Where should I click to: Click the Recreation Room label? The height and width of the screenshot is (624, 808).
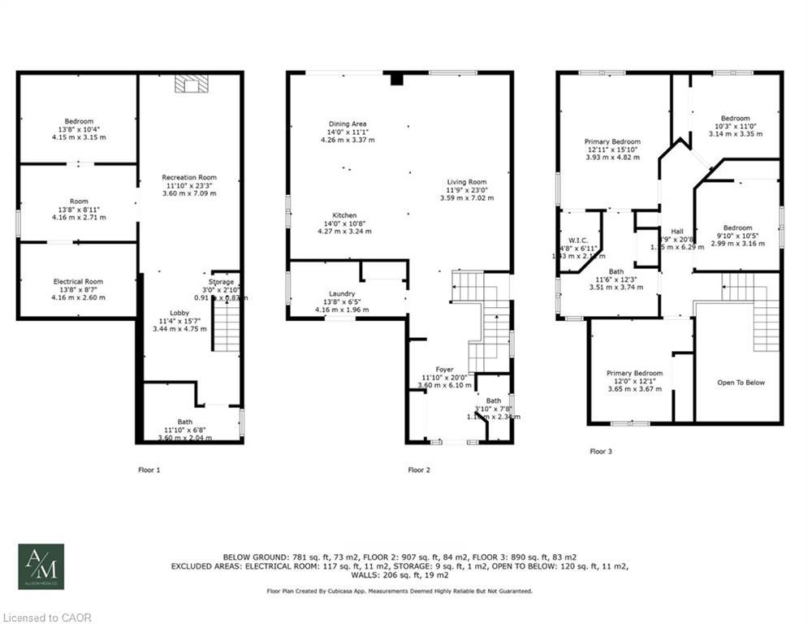point(188,177)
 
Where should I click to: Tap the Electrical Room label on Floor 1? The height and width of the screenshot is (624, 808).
point(78,281)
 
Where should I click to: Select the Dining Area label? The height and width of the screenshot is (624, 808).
point(347,123)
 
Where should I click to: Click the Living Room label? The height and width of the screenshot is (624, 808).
point(466,182)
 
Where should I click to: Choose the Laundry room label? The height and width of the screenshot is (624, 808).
point(341,294)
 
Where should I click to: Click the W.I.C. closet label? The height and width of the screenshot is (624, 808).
point(577,239)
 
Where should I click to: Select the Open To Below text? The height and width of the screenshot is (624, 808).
point(741,382)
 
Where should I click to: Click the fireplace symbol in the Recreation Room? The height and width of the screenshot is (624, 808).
point(192,84)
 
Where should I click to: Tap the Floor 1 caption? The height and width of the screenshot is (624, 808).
point(149,470)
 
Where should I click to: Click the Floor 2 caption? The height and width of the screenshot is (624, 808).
point(419,470)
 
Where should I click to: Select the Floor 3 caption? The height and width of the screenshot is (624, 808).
point(602,450)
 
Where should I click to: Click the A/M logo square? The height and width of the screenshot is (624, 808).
point(41,566)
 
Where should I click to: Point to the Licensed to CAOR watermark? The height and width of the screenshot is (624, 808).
point(46,617)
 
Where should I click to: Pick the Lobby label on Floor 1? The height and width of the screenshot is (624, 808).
point(179,313)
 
